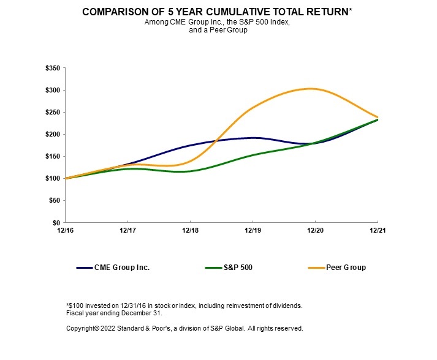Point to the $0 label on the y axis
pyautogui.click(x=56, y=222)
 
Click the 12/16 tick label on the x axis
pyautogui.click(x=65, y=230)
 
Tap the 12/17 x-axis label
pyautogui.click(x=127, y=230)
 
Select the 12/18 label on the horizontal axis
pyautogui.click(x=190, y=230)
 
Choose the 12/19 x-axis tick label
pyautogui.click(x=253, y=230)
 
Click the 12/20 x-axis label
pyautogui.click(x=315, y=230)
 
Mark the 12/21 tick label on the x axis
pyautogui.click(x=377, y=230)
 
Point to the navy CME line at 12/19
pyautogui.click(x=253, y=138)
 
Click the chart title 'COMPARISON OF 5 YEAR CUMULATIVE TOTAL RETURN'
pyautogui.click(x=216, y=12)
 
